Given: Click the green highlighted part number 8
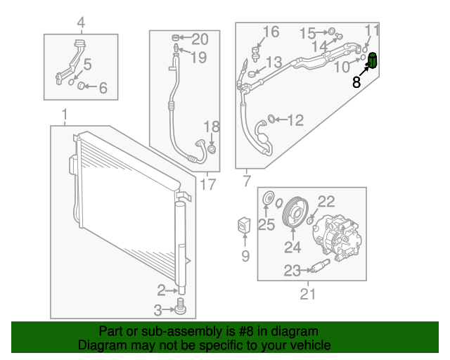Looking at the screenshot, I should pos(373,60).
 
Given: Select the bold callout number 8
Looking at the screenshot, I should pos(356,82).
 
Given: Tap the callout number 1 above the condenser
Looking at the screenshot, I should pos(64,115).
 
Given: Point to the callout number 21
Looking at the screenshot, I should pos(308,295).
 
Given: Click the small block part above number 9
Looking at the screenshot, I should pos(245,226).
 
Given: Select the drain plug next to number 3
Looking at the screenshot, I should pos(181,307).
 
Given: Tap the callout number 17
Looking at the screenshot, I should pos(207,185).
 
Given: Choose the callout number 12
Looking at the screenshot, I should pos(295,120).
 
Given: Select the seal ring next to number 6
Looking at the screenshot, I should pos(81,86).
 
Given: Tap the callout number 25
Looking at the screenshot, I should pos(266,225).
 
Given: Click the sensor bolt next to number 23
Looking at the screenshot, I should pos(321,267).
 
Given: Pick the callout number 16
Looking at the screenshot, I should pos(271,32).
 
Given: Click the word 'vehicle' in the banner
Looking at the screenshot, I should pos(310,345).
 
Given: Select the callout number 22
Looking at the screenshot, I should pos(327,201).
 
